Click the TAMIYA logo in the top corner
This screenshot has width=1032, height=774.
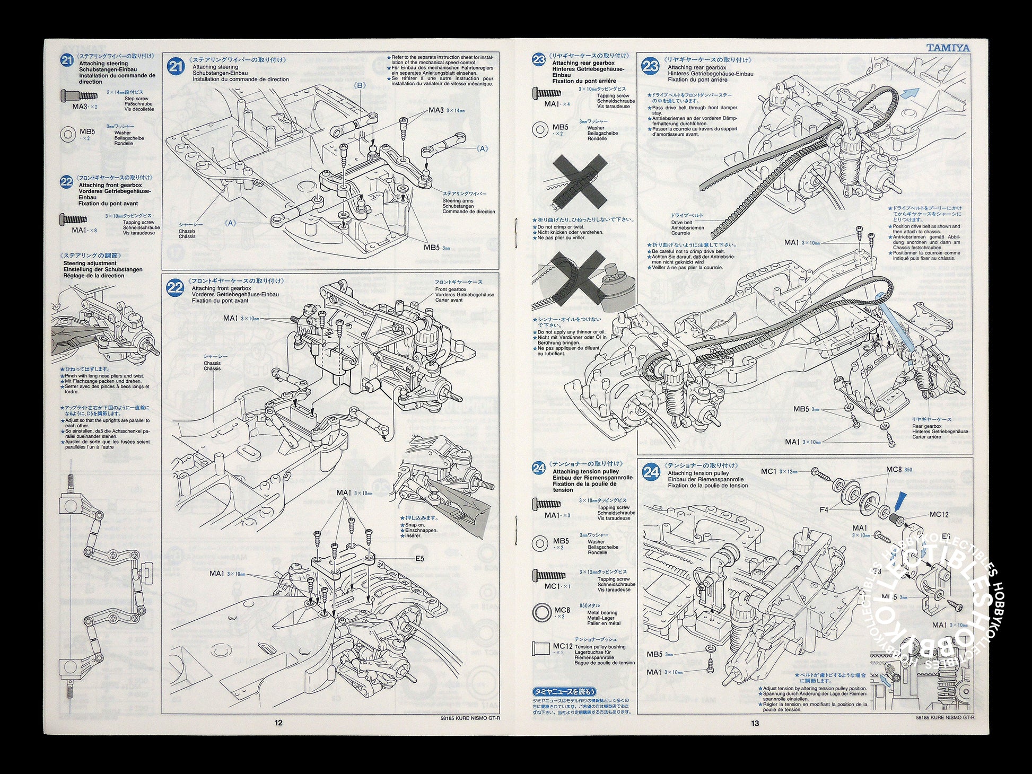[x=948, y=48]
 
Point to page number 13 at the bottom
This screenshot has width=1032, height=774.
[x=755, y=723]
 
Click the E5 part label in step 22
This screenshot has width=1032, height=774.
[x=420, y=558]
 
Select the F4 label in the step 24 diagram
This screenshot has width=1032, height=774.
[x=824, y=510]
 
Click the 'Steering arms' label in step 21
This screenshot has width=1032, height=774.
[x=454, y=200]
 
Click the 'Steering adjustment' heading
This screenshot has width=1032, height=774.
[x=90, y=263]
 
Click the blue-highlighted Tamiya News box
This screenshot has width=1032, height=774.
[x=564, y=691]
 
